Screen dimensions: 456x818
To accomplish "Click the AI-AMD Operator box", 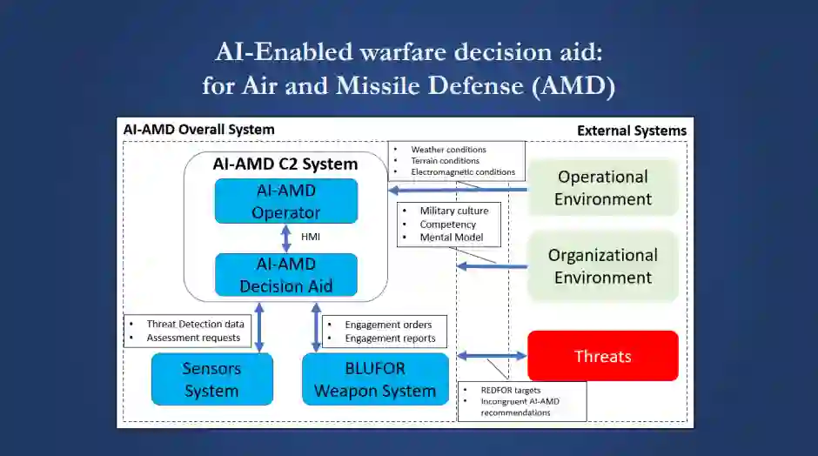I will tap(286, 201).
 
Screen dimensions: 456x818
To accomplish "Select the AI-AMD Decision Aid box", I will tap(286, 274).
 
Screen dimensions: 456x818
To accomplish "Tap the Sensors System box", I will tap(211, 379).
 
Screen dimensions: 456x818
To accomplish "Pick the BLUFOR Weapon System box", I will tap(375, 379).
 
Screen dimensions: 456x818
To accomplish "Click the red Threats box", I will tap(602, 356).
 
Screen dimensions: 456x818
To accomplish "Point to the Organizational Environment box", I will tap(602, 266).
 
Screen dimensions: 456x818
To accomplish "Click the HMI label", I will tap(311, 238).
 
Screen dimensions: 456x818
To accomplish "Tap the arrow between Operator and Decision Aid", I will tap(285, 238).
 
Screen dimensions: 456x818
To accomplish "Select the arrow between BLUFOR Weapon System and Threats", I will tap(492, 356).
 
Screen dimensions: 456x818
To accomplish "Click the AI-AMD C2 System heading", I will tap(285, 164).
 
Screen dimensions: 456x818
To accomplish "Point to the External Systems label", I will tap(631, 131).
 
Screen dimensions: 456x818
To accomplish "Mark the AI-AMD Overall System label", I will tap(199, 130).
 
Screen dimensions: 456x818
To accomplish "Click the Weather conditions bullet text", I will tap(448, 150).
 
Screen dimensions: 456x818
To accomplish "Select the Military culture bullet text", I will tap(453, 211).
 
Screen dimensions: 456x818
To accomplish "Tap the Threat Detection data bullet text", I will tap(195, 324).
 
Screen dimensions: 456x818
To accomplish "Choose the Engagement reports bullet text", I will tap(390, 339).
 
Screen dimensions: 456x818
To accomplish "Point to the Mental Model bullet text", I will tap(451, 238).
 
